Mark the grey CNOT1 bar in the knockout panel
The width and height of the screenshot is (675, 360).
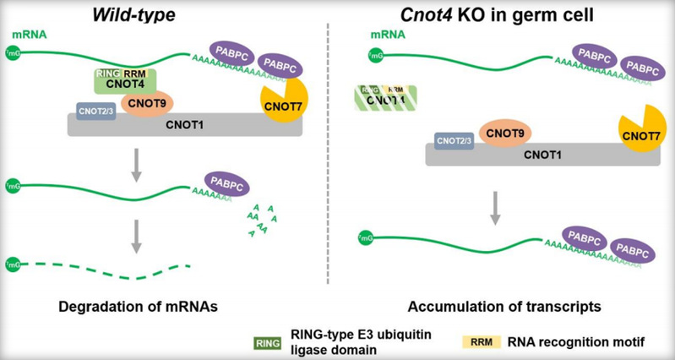click(549, 155)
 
